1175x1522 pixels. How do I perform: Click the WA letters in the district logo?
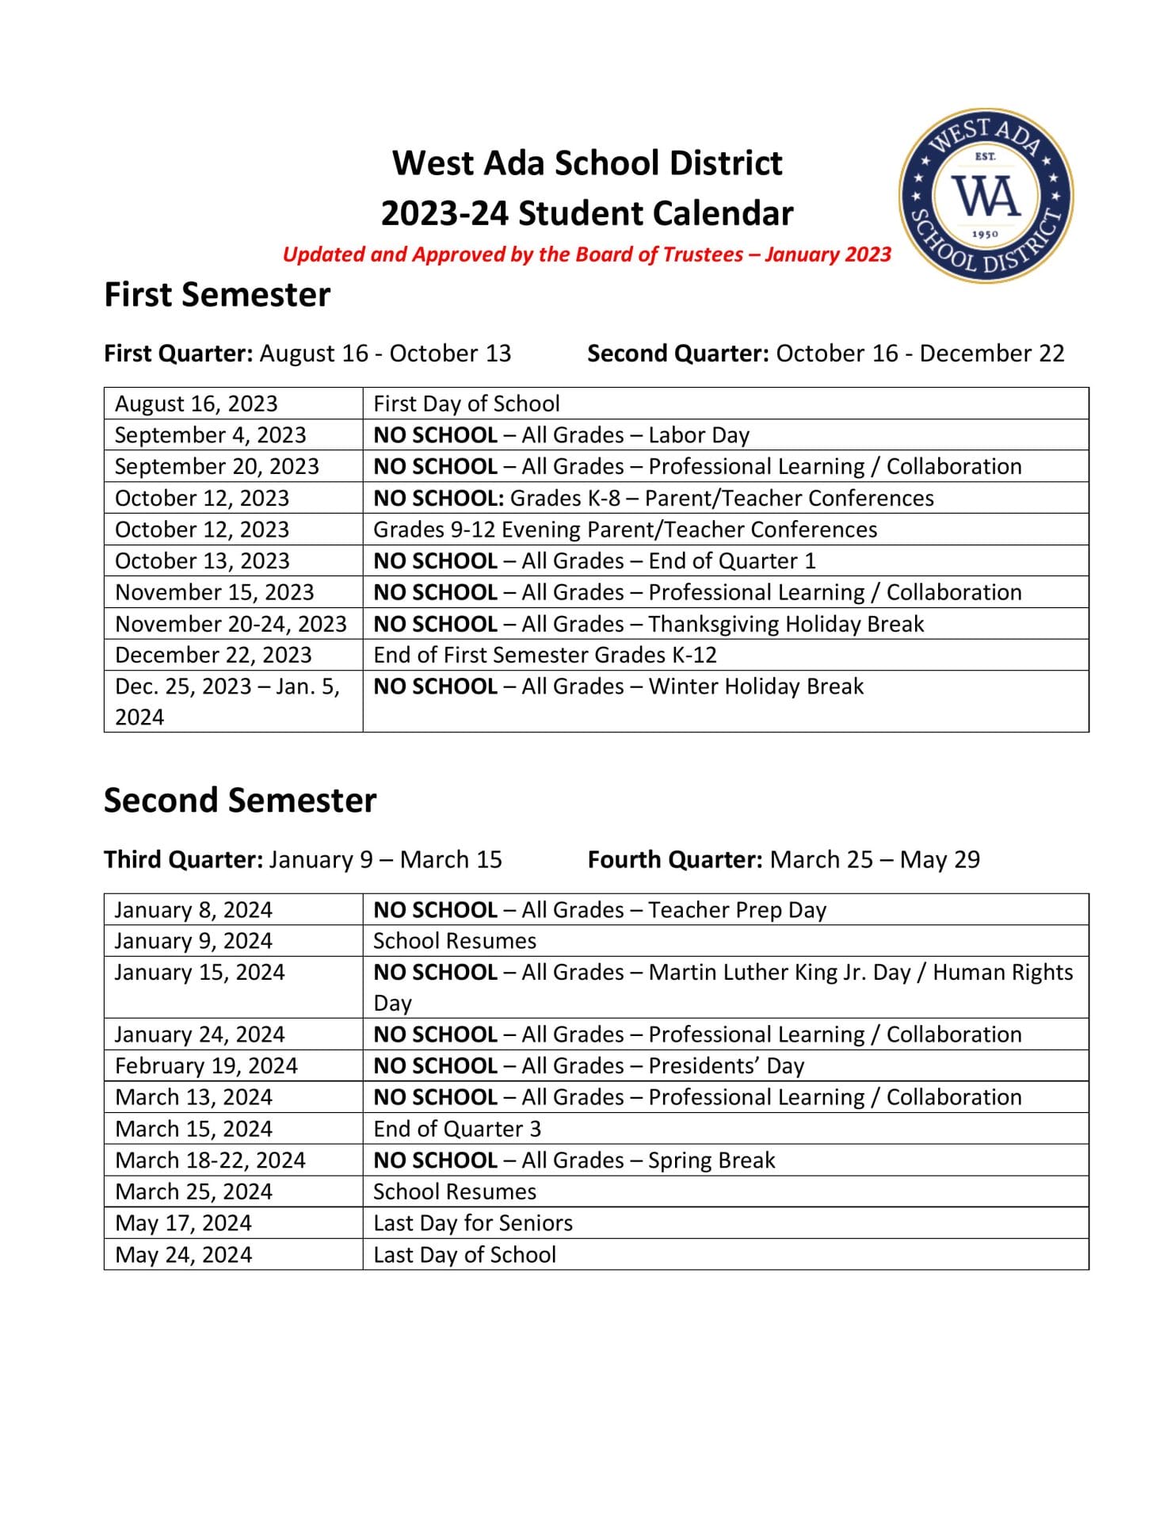pyautogui.click(x=986, y=196)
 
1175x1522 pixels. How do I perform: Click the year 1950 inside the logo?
pyautogui.click(x=985, y=234)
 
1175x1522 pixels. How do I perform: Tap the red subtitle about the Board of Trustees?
pyautogui.click(x=586, y=254)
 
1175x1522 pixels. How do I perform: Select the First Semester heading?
pyautogui.click(x=217, y=295)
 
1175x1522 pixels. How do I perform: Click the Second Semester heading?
pyautogui.click(x=240, y=801)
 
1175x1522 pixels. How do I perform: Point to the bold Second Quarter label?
pyautogui.click(x=677, y=354)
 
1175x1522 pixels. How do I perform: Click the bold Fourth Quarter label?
pyautogui.click(x=675, y=860)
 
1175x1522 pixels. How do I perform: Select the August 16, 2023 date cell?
pyautogui.click(x=196, y=403)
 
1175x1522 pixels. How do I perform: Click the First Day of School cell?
pyautogui.click(x=467, y=403)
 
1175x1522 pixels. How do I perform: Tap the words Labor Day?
pyautogui.click(x=698, y=435)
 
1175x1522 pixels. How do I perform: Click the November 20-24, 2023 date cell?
pyautogui.click(x=231, y=624)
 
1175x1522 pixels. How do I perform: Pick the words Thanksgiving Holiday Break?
pyautogui.click(x=786, y=624)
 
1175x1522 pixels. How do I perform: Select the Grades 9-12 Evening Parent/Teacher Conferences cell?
pyautogui.click(x=625, y=530)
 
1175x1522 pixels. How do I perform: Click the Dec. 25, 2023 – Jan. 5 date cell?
pyautogui.click(x=227, y=686)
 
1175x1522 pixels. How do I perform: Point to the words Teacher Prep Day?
pyautogui.click(x=737, y=910)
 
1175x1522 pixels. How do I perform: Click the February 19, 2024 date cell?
pyautogui.click(x=206, y=1066)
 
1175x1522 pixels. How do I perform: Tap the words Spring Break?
pyautogui.click(x=711, y=1161)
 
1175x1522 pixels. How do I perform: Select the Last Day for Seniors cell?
pyautogui.click(x=473, y=1223)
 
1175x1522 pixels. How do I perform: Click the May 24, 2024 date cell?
pyautogui.click(x=183, y=1255)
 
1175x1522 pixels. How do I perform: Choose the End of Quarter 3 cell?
pyautogui.click(x=457, y=1129)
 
